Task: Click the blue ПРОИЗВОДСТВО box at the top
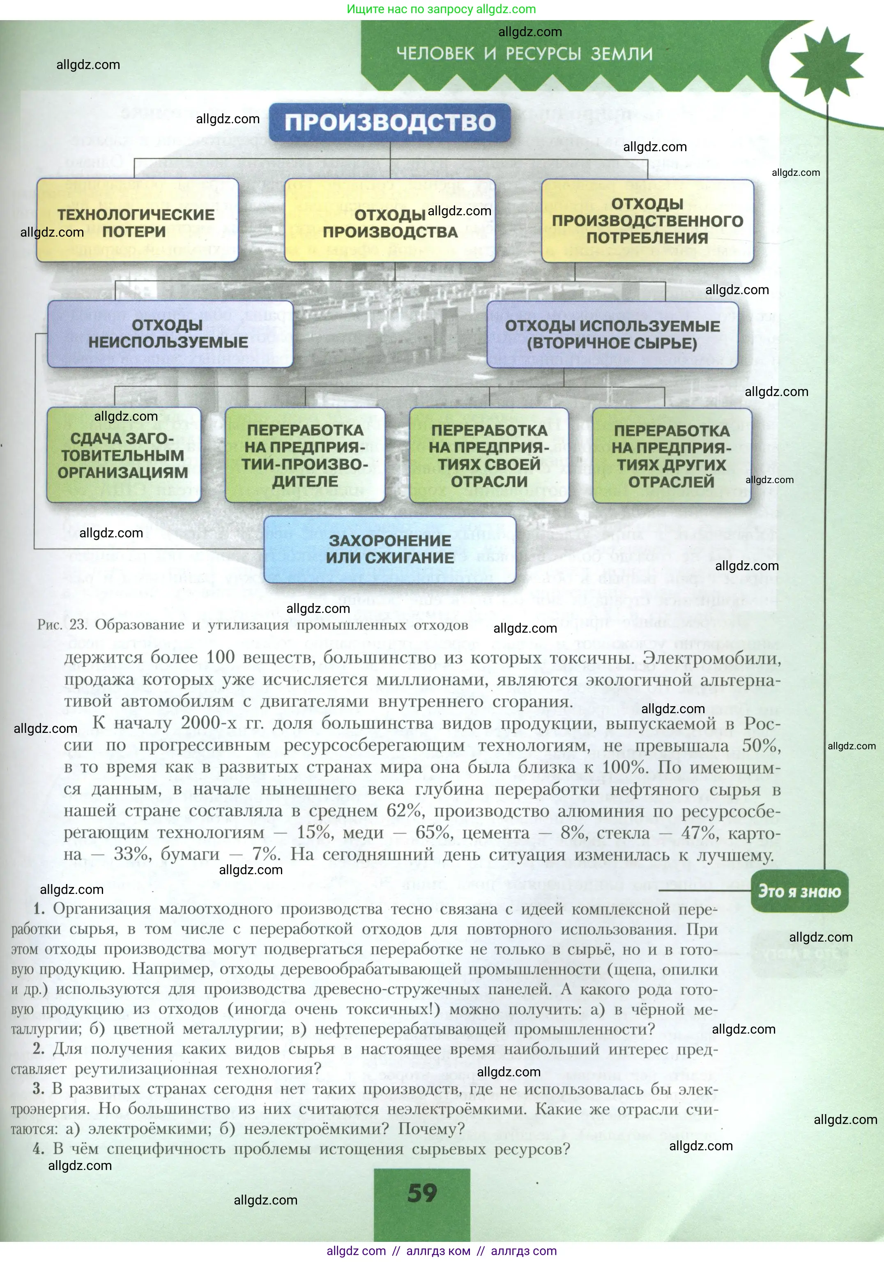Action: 390,122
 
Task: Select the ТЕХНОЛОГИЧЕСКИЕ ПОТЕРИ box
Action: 138,221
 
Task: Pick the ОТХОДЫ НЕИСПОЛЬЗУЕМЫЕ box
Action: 169,334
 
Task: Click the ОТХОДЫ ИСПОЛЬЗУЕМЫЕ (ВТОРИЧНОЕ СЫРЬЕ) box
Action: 612,334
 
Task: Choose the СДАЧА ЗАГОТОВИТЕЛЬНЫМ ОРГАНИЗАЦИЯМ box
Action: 123,455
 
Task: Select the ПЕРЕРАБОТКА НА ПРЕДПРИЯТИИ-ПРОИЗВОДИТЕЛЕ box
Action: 305,455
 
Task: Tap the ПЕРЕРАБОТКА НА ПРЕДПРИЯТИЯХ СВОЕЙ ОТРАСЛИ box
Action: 489,455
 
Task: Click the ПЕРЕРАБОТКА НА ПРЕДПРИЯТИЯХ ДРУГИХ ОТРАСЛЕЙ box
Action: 671,456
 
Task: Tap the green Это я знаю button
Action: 799,891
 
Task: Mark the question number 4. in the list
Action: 38,1149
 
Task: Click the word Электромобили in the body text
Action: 712,658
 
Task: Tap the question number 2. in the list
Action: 38,1049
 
